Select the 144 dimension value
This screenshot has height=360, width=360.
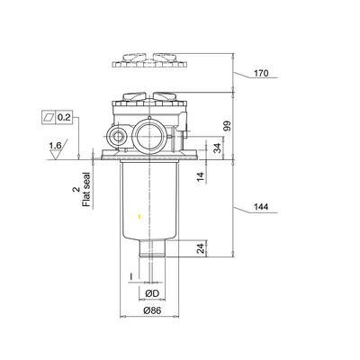click(x=261, y=209)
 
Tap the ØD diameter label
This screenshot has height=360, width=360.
click(x=152, y=292)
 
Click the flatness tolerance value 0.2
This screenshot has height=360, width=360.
click(x=66, y=117)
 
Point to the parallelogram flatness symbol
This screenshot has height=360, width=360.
click(x=48, y=117)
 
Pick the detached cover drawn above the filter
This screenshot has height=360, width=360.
click(x=149, y=61)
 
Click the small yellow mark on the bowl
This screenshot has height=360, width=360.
click(x=138, y=217)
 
